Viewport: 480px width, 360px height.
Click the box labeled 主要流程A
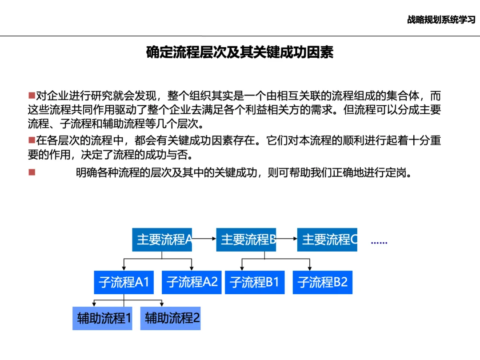click(162, 240)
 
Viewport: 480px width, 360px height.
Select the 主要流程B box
click(246, 240)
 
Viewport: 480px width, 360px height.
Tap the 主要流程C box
click(327, 240)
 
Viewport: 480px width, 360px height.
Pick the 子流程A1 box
click(124, 282)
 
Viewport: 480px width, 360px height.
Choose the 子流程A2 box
click(192, 282)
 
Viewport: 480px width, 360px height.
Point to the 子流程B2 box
click(323, 282)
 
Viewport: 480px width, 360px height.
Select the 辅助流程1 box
click(102, 318)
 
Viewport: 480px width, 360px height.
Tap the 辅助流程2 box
click(170, 318)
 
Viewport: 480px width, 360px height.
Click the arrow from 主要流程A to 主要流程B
click(204, 240)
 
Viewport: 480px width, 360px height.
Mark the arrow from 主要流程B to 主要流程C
click(287, 240)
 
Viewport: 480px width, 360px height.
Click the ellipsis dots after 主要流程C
click(379, 243)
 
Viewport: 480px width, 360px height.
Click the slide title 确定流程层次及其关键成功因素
click(240, 52)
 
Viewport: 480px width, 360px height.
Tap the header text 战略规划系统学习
click(441, 20)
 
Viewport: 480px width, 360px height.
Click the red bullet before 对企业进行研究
click(32, 96)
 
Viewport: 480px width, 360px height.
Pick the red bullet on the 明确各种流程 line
click(32, 172)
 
